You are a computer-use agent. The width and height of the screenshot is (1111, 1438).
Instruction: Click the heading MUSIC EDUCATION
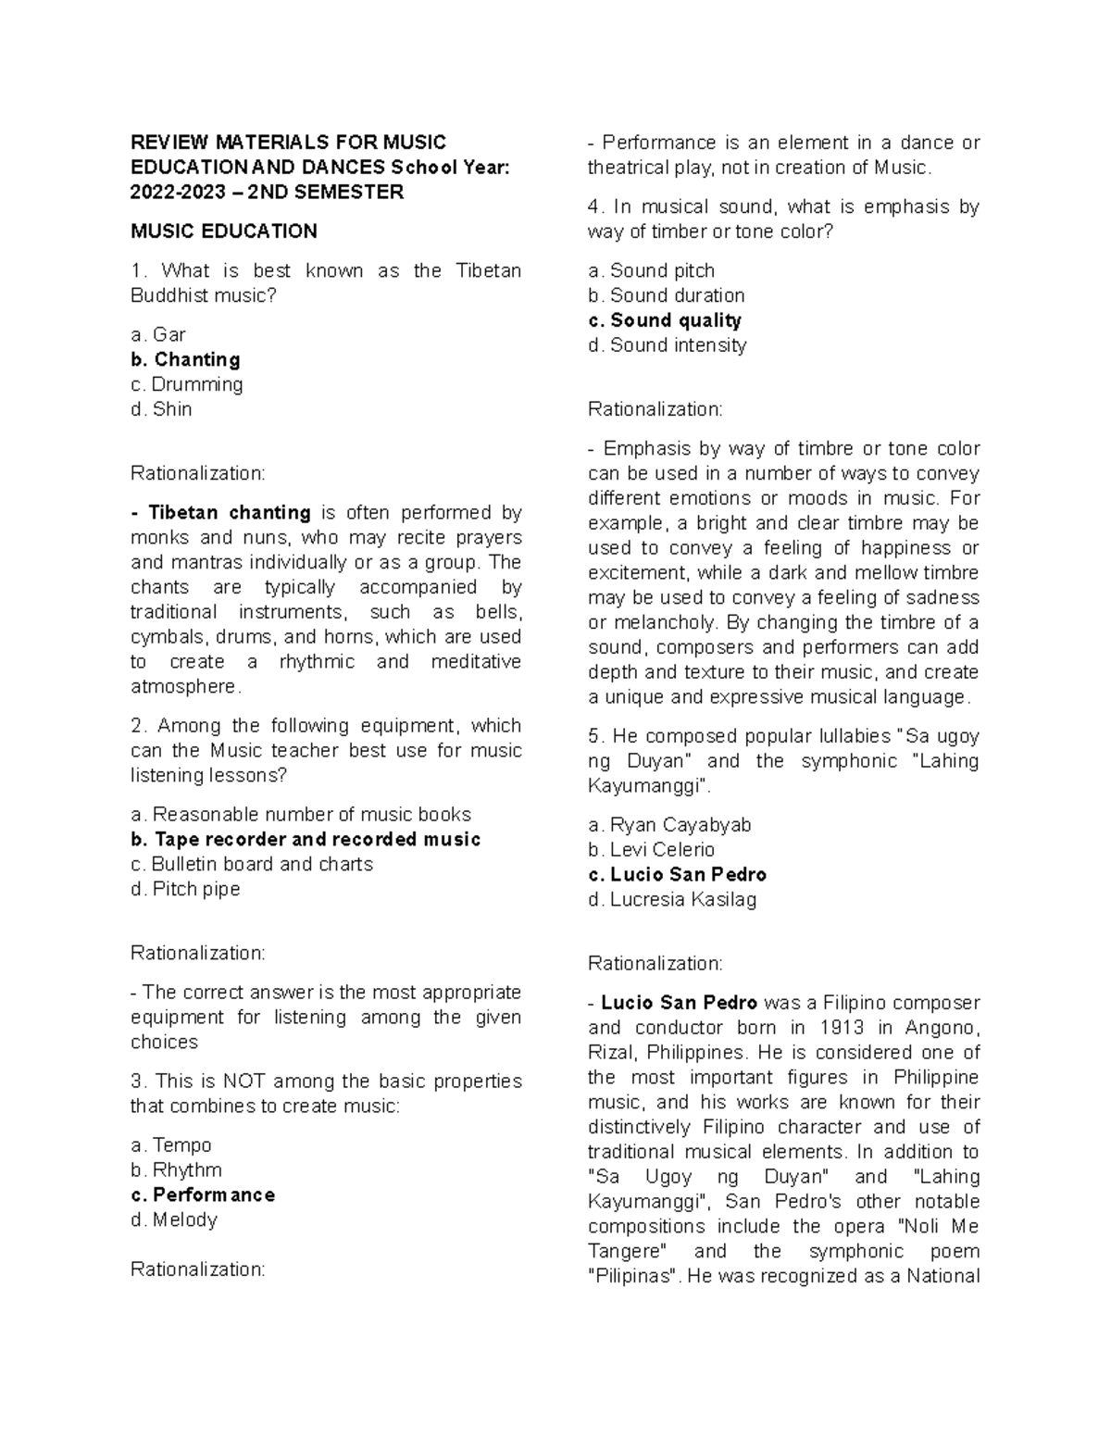223,231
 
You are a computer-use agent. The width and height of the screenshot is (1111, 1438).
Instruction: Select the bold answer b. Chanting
185,359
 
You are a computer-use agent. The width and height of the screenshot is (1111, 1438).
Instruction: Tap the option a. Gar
158,334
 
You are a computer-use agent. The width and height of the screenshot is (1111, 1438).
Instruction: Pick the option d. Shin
161,409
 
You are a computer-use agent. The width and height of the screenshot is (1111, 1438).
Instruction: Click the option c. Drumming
186,384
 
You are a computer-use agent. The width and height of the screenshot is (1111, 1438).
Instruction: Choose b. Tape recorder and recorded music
306,839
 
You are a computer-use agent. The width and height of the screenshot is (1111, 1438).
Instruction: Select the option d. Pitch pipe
185,889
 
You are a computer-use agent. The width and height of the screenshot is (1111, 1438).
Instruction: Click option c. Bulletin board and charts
252,864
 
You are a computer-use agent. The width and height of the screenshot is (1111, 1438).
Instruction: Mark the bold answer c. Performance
203,1194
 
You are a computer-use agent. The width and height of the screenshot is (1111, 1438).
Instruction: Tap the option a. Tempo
171,1145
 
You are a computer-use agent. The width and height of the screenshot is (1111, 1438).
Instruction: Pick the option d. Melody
174,1219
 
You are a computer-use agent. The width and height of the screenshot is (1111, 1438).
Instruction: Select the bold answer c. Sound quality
665,320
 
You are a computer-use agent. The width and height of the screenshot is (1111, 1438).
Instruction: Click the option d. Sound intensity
667,345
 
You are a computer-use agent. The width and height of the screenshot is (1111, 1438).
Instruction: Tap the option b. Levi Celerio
651,850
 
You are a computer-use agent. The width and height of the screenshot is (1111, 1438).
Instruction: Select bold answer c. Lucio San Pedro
677,874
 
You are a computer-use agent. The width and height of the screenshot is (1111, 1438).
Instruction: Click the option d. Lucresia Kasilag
672,899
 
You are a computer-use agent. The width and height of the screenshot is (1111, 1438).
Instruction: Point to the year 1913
841,1028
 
